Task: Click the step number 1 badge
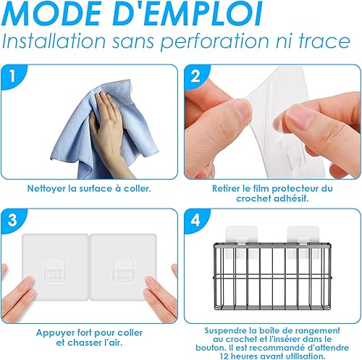(12, 76)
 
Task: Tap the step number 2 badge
(195, 76)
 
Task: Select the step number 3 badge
(12, 219)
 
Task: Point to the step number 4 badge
(195, 219)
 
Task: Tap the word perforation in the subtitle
(215, 41)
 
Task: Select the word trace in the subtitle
(324, 41)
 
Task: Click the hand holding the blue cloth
(106, 130)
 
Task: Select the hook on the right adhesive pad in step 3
(124, 269)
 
